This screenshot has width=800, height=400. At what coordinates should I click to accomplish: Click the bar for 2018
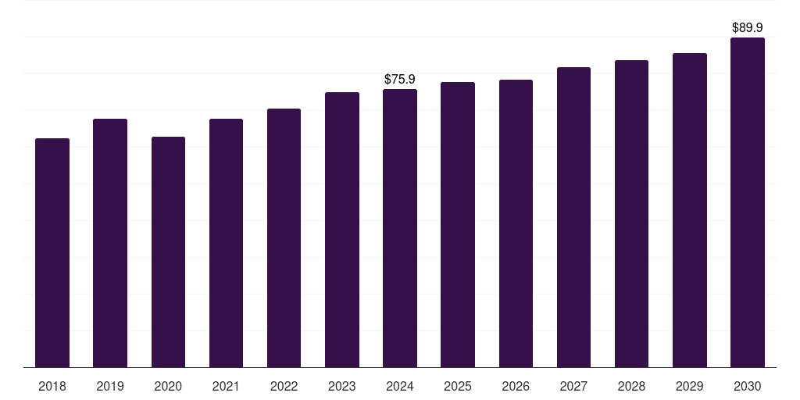point(52,252)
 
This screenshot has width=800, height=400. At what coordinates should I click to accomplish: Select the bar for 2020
point(169,252)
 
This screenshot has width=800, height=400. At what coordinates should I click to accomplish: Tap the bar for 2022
point(284,237)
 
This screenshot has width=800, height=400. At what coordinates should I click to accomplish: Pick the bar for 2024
point(400,228)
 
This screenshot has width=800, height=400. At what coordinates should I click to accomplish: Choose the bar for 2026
point(516,223)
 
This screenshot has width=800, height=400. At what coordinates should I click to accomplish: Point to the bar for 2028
point(631,214)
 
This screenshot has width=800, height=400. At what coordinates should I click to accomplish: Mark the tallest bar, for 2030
point(748,202)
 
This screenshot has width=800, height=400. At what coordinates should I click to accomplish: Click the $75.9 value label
point(400,79)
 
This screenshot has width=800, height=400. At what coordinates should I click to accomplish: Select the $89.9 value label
point(748,27)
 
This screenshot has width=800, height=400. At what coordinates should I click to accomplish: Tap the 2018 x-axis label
point(52,386)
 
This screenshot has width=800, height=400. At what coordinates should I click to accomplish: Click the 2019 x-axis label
point(110,386)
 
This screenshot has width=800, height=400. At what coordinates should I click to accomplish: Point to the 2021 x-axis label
point(226,386)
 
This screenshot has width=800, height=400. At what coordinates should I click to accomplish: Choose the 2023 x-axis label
point(342,386)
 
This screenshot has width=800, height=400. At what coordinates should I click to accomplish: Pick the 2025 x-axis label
point(458,386)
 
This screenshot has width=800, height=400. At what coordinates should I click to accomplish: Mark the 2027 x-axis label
point(573,386)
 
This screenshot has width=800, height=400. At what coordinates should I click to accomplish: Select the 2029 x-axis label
point(689,386)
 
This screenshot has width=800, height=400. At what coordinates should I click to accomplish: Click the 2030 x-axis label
point(748,386)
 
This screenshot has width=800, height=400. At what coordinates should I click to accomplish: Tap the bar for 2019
point(110,243)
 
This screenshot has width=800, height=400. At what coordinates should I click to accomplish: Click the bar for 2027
point(573,217)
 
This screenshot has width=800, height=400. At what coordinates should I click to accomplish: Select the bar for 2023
point(342,230)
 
